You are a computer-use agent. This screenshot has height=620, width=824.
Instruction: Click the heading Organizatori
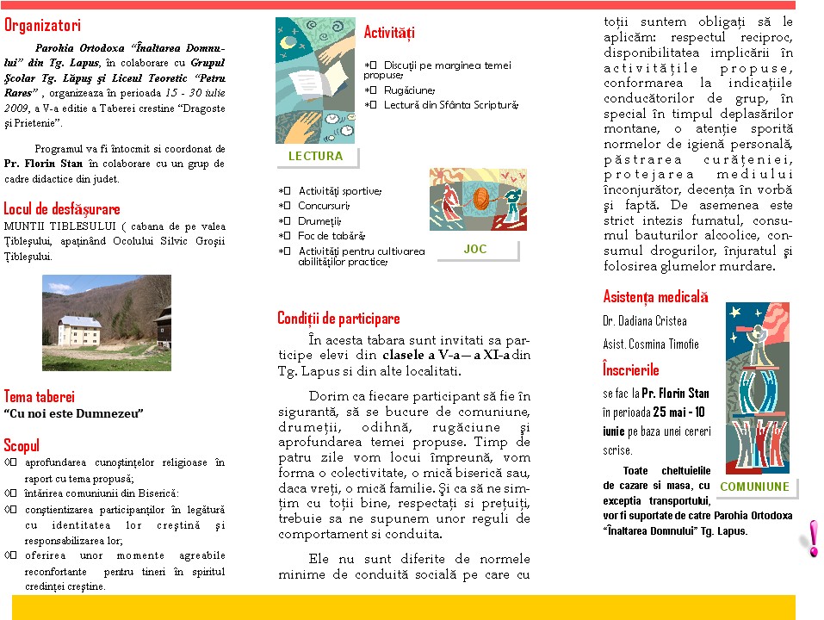point(42,26)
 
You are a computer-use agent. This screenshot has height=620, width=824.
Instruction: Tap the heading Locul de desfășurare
point(62,208)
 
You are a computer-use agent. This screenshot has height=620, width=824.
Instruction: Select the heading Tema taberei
point(39,396)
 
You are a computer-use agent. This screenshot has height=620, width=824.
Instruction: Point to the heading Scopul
point(22,445)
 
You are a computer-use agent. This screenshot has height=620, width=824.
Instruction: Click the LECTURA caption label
point(315,156)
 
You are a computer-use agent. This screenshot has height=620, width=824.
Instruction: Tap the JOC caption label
point(474,249)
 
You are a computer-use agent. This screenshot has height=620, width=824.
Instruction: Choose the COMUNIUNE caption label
point(754,487)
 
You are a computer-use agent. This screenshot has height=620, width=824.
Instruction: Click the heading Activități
point(389,33)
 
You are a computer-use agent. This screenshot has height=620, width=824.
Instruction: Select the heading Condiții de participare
point(338,319)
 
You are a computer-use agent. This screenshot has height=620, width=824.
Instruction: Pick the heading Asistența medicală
point(655,297)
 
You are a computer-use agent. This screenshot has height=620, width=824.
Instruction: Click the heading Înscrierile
point(631,369)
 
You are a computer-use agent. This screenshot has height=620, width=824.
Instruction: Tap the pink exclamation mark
point(811,538)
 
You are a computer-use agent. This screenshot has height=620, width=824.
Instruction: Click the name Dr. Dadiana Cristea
point(645,321)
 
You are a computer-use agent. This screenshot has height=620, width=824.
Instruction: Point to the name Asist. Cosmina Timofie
point(650,344)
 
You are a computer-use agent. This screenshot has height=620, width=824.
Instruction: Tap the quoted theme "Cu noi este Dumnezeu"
point(73,413)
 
